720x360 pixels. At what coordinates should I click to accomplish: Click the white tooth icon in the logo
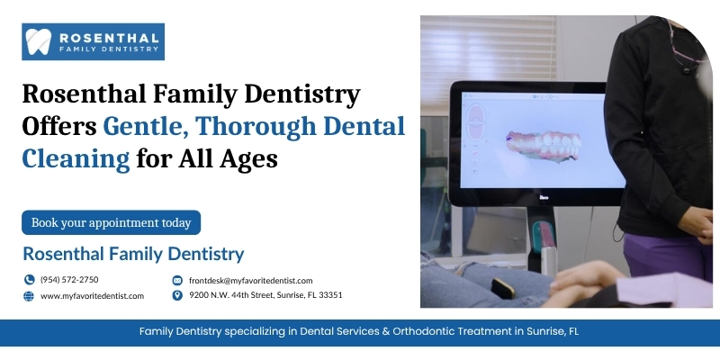point(38,41)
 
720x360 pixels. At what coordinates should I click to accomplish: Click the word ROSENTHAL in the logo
point(109,38)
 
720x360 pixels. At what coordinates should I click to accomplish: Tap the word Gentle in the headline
point(145,127)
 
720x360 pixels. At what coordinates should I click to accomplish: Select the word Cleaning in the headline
point(76,159)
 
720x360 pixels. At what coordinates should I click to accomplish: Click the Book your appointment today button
point(111,222)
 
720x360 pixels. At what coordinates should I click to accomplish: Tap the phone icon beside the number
point(29,280)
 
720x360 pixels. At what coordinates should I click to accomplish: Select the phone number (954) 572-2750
point(69,280)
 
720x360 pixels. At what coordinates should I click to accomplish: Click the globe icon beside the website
point(29,296)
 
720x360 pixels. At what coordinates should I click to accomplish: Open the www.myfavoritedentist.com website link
point(93,296)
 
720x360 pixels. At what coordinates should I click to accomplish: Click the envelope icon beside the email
point(177,280)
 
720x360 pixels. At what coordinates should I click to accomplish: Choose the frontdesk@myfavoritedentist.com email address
point(251,281)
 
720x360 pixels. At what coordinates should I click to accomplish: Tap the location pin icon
point(177,295)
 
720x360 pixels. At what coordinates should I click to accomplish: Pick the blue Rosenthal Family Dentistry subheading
point(133,254)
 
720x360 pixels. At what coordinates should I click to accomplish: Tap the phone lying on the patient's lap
point(503,288)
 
